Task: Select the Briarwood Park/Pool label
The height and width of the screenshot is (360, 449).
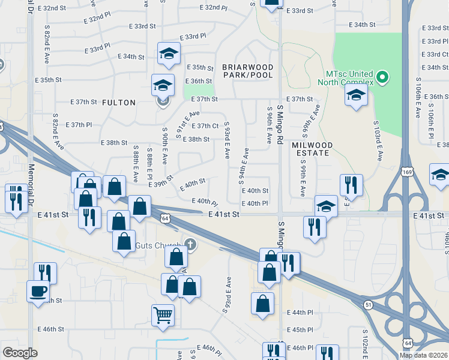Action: coord(247,71)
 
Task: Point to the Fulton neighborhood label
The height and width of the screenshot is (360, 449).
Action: coord(119,103)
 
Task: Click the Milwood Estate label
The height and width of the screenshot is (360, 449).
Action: coord(311,149)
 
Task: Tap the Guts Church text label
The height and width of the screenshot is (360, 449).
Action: coord(158,245)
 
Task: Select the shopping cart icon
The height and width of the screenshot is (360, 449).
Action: coord(163,314)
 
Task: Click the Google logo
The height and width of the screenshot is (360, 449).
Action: coord(20,353)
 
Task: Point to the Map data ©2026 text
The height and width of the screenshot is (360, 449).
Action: coord(423,355)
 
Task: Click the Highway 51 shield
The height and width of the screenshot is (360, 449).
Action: coord(367,305)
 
